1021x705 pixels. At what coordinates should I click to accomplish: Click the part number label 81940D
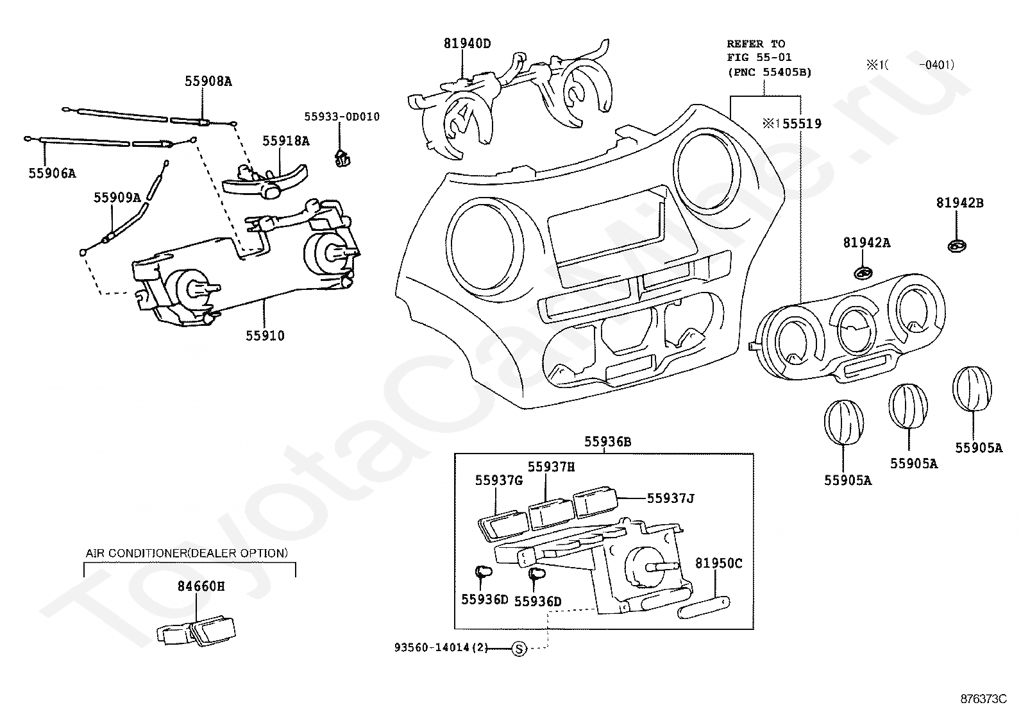[x=467, y=44]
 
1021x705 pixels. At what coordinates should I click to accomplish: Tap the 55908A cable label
[x=208, y=81]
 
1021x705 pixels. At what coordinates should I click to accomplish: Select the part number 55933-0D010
[x=342, y=117]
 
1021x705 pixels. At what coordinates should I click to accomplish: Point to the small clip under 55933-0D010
[x=342, y=158]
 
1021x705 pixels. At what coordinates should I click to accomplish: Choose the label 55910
[x=266, y=336]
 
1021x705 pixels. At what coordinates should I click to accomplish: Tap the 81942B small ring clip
[x=957, y=246]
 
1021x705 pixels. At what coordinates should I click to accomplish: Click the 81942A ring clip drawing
[x=863, y=273]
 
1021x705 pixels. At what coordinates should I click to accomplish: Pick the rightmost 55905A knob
[x=972, y=389]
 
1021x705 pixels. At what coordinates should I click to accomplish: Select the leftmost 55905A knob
[x=844, y=422]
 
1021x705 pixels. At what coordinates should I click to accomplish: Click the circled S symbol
[x=519, y=649]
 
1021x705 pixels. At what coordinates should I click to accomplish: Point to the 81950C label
[x=719, y=564]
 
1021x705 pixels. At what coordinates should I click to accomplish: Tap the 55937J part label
[x=671, y=498]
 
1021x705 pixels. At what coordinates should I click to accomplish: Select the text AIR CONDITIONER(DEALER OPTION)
[x=187, y=553]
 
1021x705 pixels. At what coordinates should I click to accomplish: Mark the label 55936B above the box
[x=608, y=442]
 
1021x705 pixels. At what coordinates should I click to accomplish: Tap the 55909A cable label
[x=117, y=198]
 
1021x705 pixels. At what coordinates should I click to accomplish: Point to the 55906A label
[x=53, y=173]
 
